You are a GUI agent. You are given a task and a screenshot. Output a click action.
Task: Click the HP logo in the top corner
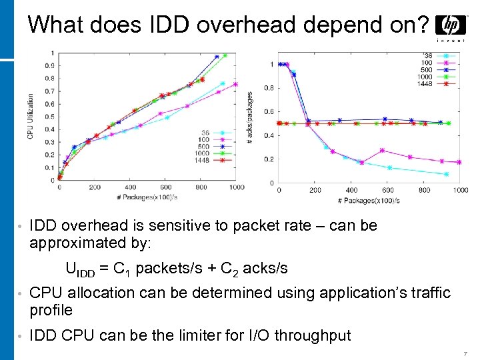tap(450, 27)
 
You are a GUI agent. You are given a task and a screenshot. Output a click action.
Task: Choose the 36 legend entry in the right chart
tap(427, 55)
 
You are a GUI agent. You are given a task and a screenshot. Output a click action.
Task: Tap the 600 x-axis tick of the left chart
tap(166, 187)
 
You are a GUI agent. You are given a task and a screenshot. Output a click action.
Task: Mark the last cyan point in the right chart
tap(447, 174)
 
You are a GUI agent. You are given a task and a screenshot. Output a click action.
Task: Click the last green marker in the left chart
tap(225, 55)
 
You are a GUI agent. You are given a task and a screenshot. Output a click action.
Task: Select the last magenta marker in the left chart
tap(235, 84)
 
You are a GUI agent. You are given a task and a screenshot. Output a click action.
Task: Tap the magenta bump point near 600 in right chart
tap(382, 151)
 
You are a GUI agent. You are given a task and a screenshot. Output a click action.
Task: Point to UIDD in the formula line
tap(81, 269)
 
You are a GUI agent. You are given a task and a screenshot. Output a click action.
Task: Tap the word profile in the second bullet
tap(51, 310)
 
